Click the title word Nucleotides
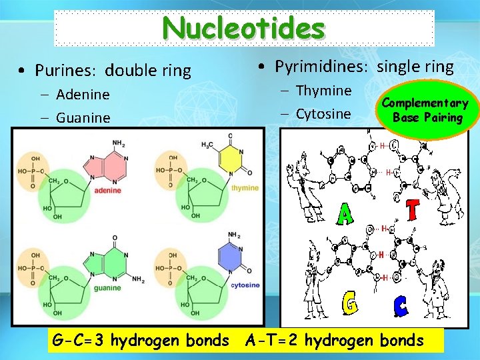pyautogui.click(x=243, y=28)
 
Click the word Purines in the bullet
pyautogui.click(x=62, y=70)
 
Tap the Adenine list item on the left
pyautogui.click(x=83, y=95)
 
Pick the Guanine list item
pyautogui.click(x=83, y=118)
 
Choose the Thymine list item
pyautogui.click(x=323, y=91)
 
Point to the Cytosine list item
pyautogui.click(x=323, y=114)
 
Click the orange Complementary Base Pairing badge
pyautogui.click(x=425, y=111)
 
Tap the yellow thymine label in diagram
pyautogui.click(x=245, y=189)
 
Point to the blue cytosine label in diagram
pyautogui.click(x=245, y=285)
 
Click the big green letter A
pyautogui.click(x=345, y=214)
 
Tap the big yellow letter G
pyautogui.click(x=348, y=304)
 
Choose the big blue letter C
pyautogui.click(x=400, y=307)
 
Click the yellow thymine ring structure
pyautogui.click(x=231, y=159)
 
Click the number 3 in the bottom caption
pyautogui.click(x=99, y=341)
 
